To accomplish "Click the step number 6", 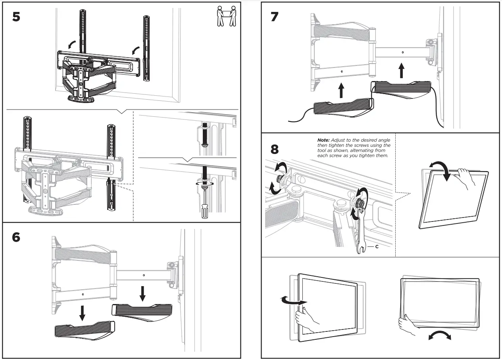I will pyautogui.click(x=16, y=237).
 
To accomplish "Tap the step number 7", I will pyautogui.click(x=275, y=17).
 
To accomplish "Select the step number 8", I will pyautogui.click(x=275, y=150).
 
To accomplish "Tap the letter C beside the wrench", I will pyautogui.click(x=377, y=247).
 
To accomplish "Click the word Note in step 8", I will pyautogui.click(x=324, y=140).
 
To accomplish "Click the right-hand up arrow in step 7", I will pyautogui.click(x=402, y=72).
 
